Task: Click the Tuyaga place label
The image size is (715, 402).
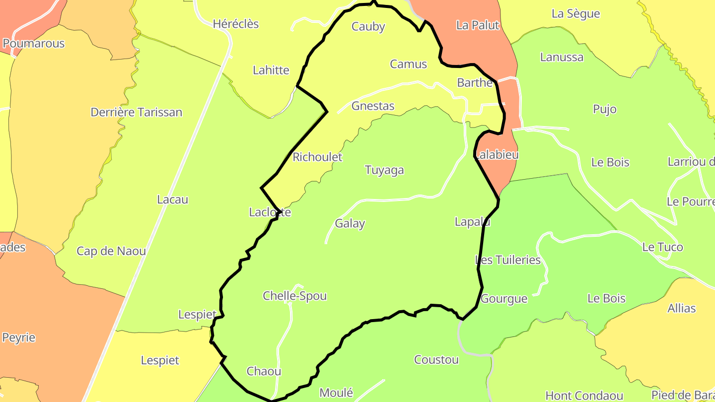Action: [384, 170]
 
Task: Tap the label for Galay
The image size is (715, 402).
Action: [350, 223]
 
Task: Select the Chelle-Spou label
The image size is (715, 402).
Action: [295, 296]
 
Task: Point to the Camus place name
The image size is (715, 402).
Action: [408, 64]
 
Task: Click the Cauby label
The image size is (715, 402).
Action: [368, 27]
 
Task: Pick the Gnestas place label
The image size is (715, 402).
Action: [373, 106]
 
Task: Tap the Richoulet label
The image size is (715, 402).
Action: [318, 157]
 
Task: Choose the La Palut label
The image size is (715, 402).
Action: [478, 25]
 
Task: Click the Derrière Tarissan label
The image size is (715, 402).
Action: [137, 112]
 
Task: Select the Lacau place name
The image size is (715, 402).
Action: [172, 200]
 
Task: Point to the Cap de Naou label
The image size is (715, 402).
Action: [111, 251]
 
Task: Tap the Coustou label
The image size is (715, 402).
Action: [436, 360]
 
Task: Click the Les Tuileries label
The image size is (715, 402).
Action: [508, 260]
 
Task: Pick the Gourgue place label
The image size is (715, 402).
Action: [504, 299]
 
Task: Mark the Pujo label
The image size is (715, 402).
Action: [605, 109]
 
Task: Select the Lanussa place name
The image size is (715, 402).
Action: [562, 57]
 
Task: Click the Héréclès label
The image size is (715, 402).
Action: [236, 24]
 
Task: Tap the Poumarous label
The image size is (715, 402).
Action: [34, 44]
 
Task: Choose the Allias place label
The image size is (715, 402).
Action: [681, 308]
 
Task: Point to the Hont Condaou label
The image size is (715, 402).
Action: [584, 396]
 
